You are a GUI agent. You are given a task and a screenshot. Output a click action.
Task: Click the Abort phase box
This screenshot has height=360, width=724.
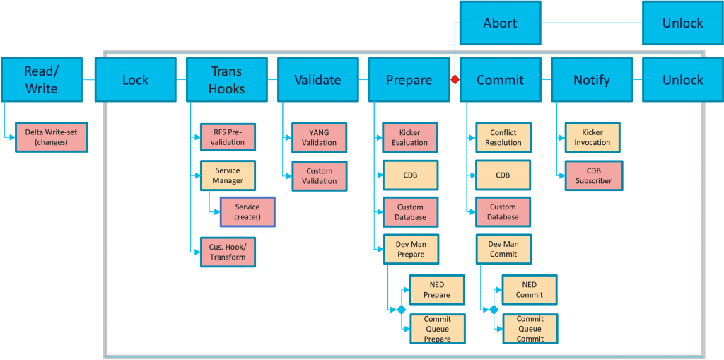pyautogui.click(x=500, y=23)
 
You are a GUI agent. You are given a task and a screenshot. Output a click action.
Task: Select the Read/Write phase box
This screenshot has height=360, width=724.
pyautogui.click(x=41, y=80)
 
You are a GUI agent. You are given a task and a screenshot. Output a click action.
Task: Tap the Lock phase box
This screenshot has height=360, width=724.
pyautogui.click(x=135, y=80)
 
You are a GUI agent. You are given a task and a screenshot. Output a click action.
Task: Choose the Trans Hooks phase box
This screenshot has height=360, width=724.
pyautogui.click(x=226, y=80)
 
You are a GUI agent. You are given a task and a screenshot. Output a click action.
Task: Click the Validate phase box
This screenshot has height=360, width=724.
pyautogui.click(x=317, y=80)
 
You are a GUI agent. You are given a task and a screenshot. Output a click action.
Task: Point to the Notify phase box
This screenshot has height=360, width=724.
pyautogui.click(x=591, y=80)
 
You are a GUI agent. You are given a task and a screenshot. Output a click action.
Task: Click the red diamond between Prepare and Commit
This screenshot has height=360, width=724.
pyautogui.click(x=455, y=80)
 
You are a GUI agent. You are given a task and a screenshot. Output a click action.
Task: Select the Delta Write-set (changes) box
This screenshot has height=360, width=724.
pyautogui.click(x=51, y=137)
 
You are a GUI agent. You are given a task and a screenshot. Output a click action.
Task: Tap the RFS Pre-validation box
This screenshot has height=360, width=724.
pyautogui.click(x=228, y=137)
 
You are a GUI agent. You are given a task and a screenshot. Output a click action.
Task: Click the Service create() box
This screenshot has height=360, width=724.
pyautogui.click(x=247, y=212)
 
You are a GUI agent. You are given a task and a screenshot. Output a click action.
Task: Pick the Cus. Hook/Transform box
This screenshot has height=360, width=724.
pyautogui.click(x=228, y=252)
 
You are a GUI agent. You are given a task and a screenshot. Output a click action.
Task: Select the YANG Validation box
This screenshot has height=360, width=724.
pyautogui.click(x=319, y=137)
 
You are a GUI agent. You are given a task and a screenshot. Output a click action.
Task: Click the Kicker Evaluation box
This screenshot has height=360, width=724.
pyautogui.click(x=410, y=137)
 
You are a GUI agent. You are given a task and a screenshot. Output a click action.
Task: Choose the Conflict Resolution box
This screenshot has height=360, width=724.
pyautogui.click(x=503, y=137)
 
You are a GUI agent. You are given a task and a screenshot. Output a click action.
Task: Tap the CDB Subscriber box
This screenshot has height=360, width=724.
pyautogui.click(x=593, y=175)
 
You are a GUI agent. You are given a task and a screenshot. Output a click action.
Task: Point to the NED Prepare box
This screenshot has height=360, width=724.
pyautogui.click(x=437, y=290)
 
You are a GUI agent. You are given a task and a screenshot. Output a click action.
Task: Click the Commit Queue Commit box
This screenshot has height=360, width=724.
pyautogui.click(x=530, y=329)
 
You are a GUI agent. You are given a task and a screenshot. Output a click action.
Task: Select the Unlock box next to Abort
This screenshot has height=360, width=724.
pyautogui.click(x=682, y=23)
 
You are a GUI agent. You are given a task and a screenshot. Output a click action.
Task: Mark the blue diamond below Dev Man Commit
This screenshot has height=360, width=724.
pyautogui.click(x=494, y=310)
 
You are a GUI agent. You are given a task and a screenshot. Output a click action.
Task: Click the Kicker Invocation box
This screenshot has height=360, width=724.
pyautogui.click(x=592, y=137)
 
